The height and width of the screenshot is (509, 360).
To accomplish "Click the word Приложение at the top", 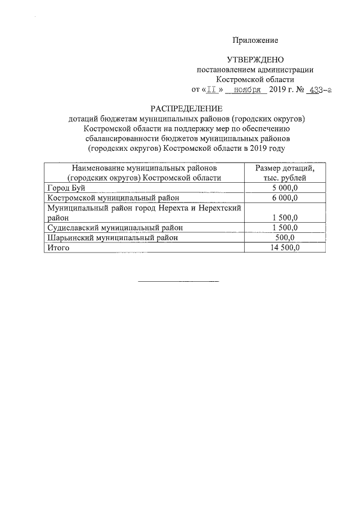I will pyautogui.click(x=256, y=40).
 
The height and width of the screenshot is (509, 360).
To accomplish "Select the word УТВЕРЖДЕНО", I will pyautogui.click(x=255, y=60).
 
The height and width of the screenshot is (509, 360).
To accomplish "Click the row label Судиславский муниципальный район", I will pyautogui.click(x=115, y=227).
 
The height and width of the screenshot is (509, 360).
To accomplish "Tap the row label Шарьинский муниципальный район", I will pyautogui.click(x=112, y=237).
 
